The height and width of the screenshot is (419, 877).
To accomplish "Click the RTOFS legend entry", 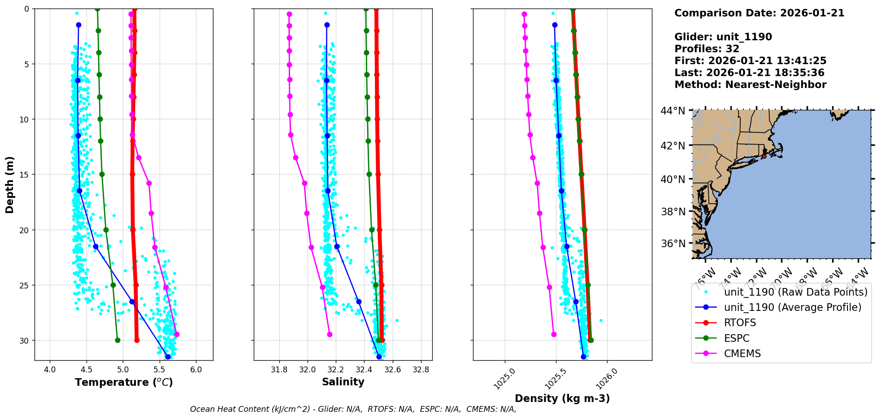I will [740, 323].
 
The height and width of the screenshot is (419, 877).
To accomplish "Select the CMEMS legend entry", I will [742, 354].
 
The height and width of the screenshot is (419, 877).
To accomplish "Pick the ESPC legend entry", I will [736, 338].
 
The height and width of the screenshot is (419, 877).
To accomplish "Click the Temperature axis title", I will [124, 382].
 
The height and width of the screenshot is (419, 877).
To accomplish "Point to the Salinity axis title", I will [343, 382].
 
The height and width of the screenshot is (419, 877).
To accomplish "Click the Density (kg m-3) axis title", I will [562, 398].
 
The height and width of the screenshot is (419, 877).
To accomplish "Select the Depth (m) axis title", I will [9, 185].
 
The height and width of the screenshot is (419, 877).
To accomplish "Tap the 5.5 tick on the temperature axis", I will [159, 370].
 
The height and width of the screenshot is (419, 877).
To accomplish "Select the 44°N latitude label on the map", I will [673, 111].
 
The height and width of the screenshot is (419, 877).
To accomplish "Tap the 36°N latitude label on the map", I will [673, 244].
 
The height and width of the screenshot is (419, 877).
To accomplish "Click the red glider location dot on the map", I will [764, 156].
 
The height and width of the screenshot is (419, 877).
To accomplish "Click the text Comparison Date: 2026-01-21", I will [759, 13].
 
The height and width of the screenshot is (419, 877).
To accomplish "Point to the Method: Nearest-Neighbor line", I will [750, 85].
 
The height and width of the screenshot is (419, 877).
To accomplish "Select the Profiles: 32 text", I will [707, 49].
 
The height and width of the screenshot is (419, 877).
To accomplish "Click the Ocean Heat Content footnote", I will [353, 409].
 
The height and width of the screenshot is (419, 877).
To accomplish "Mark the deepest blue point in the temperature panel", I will [168, 357].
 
